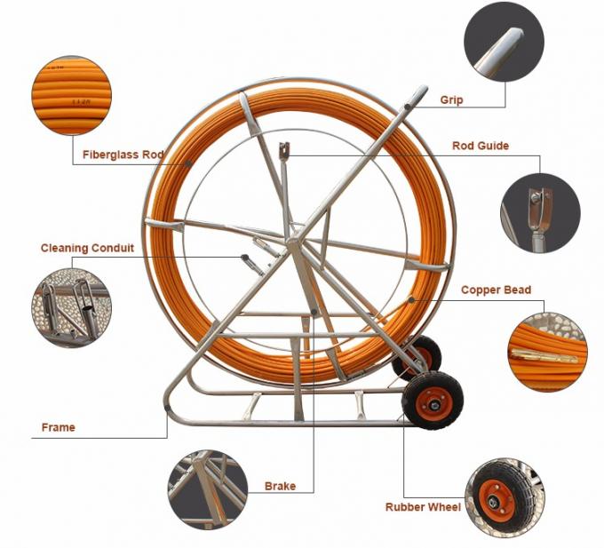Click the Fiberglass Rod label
pos(123,154)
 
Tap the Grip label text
pos(451,100)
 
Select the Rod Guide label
pos(480,146)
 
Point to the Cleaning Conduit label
pos(87,249)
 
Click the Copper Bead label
pos(496,290)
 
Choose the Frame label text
pos(59,427)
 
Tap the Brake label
pos(280,486)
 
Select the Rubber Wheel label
pos(423,507)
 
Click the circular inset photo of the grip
pos(504,41)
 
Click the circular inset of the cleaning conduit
pos(73,307)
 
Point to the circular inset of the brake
pos(208,489)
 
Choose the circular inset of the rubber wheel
pos(505,496)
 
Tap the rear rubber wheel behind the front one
pos(422,353)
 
